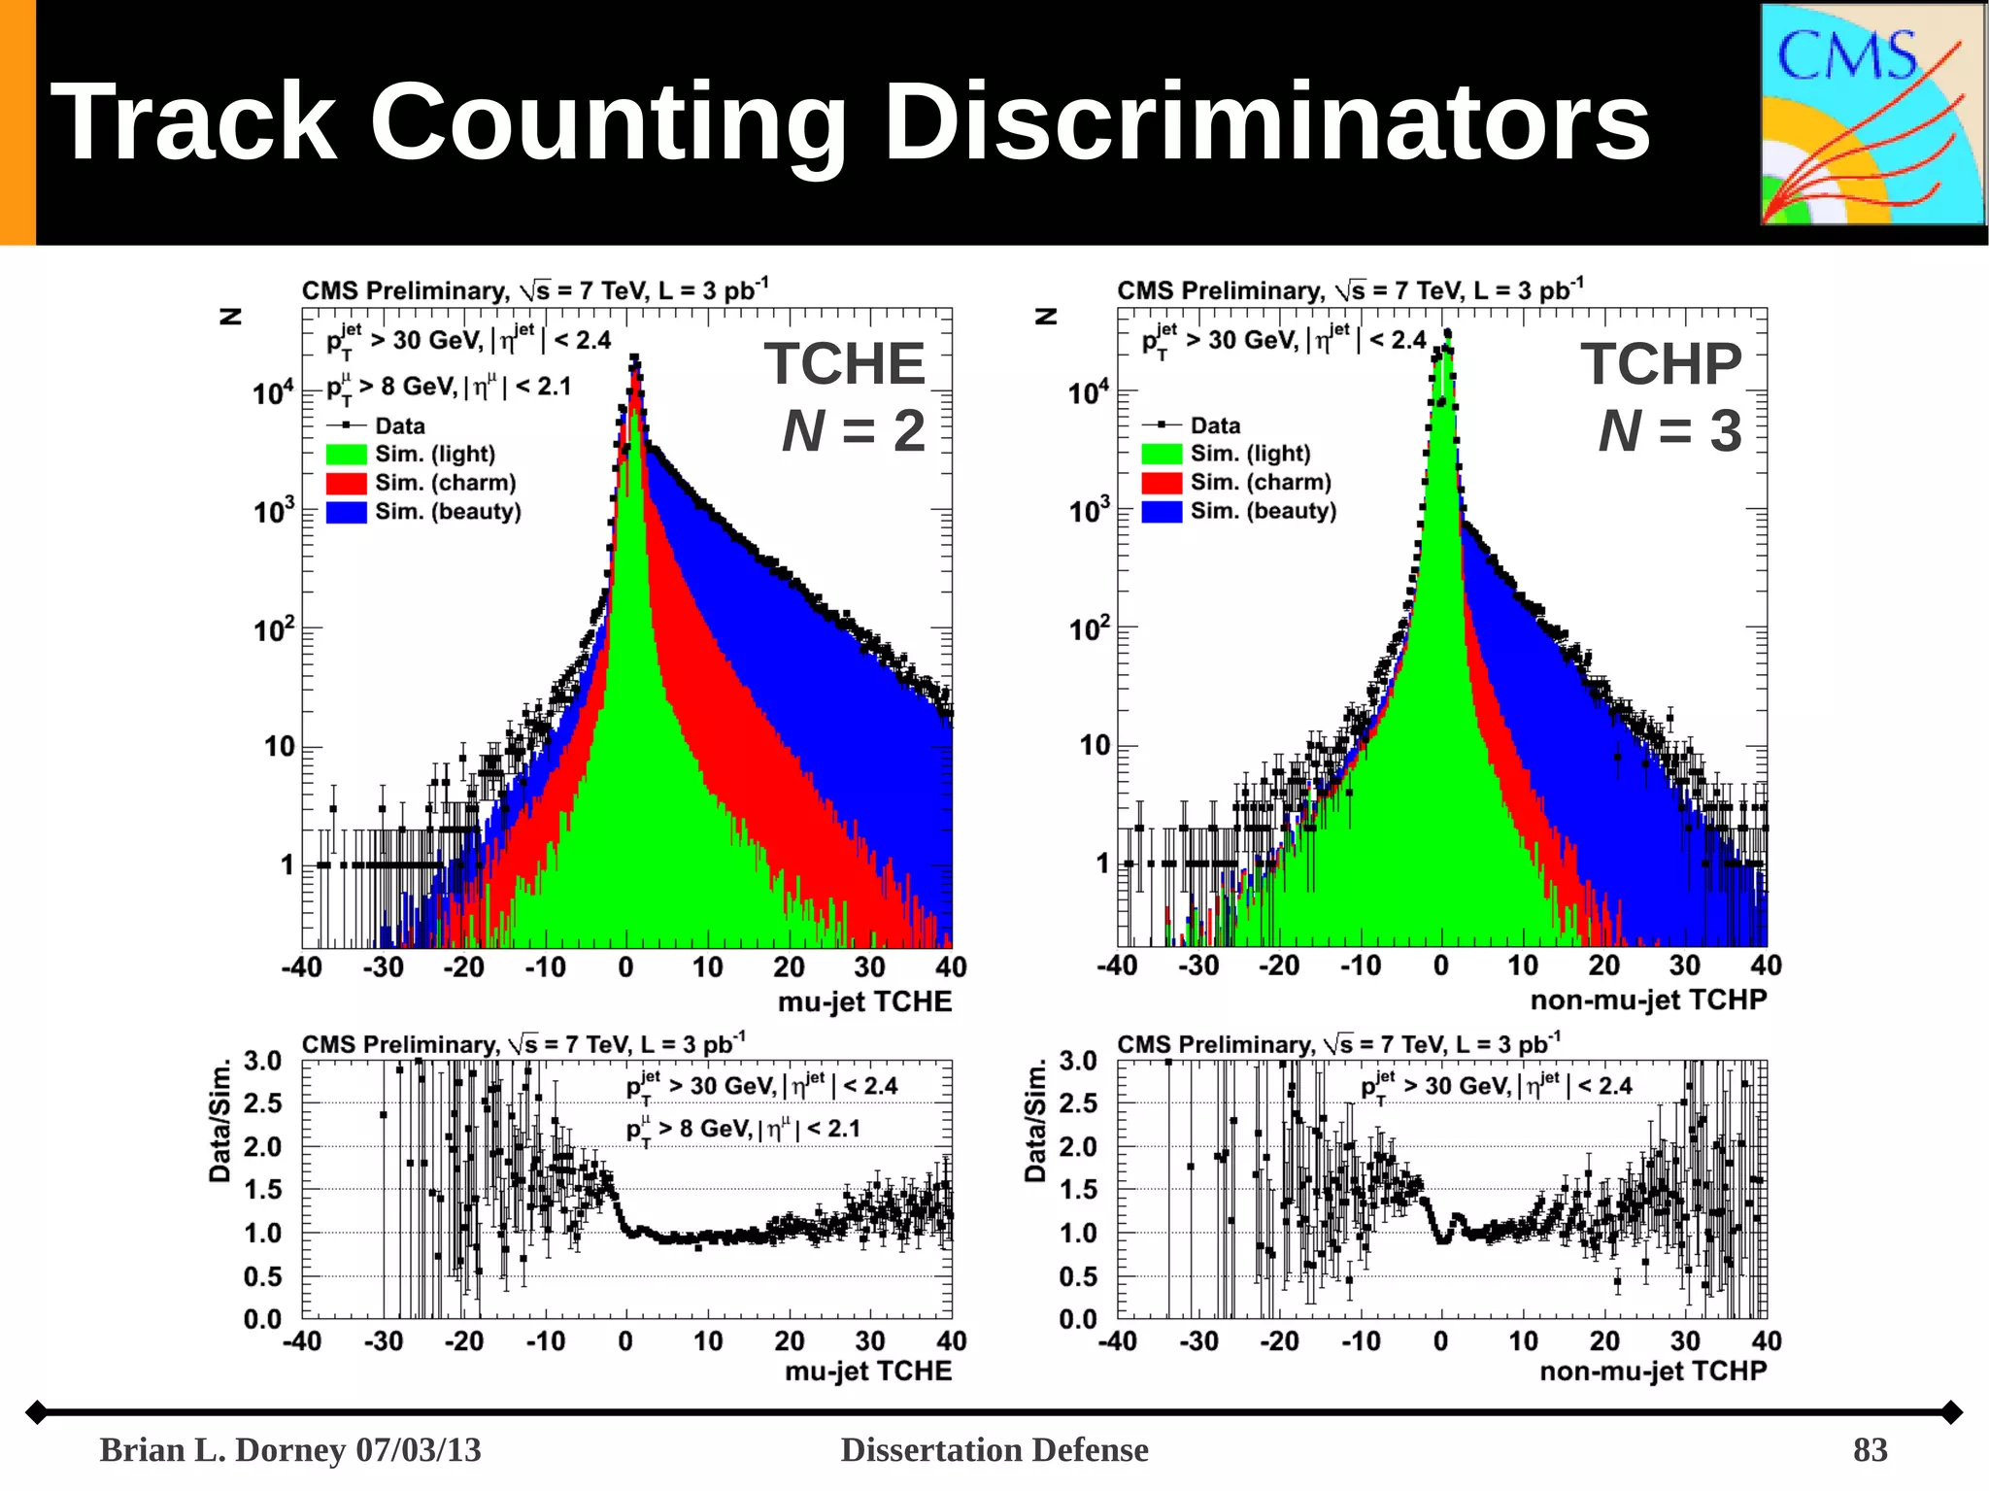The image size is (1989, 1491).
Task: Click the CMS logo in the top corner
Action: [x=1872, y=115]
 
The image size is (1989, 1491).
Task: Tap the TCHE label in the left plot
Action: [x=844, y=364]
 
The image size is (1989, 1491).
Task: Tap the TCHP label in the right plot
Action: [x=1661, y=364]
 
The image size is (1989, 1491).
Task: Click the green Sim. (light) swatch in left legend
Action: [x=346, y=455]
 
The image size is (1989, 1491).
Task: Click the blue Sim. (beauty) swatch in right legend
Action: [x=1162, y=511]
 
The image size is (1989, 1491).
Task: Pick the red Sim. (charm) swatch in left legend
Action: [x=346, y=483]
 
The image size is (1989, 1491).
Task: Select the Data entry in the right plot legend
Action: [x=1214, y=425]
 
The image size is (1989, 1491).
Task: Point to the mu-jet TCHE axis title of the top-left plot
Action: [x=864, y=1001]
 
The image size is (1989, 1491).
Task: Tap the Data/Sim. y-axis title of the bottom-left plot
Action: [x=220, y=1120]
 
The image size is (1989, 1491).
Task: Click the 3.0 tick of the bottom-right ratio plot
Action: [x=1078, y=1061]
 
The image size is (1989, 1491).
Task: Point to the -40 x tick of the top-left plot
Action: [x=302, y=967]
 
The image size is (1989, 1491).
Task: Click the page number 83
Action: [x=1870, y=1450]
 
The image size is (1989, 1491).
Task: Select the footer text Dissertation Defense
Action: [x=994, y=1450]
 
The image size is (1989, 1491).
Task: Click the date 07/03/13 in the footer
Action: [x=419, y=1450]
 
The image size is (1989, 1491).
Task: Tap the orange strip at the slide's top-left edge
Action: [x=17, y=121]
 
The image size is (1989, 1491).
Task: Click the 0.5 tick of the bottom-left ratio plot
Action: [x=262, y=1276]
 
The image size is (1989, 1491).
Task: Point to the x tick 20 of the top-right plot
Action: [x=1603, y=966]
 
